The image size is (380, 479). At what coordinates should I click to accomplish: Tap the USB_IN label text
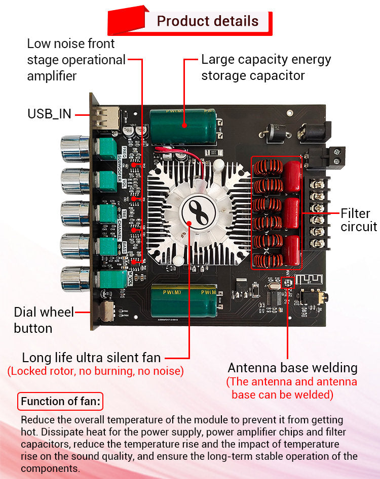coord(49,114)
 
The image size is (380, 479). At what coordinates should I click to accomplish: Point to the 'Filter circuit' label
coord(358,220)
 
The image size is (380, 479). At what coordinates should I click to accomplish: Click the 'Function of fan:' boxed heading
coord(61,402)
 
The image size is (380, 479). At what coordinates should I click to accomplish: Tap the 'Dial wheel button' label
coord(44,320)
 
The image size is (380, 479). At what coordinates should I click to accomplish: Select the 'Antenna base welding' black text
coord(292,368)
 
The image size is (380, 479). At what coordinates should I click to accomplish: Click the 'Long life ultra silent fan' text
coord(91,358)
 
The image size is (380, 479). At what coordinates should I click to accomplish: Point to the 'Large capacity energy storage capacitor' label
coord(266,67)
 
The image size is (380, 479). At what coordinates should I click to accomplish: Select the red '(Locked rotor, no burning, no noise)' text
coord(95,371)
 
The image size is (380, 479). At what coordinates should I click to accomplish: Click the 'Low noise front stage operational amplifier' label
coord(76,60)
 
